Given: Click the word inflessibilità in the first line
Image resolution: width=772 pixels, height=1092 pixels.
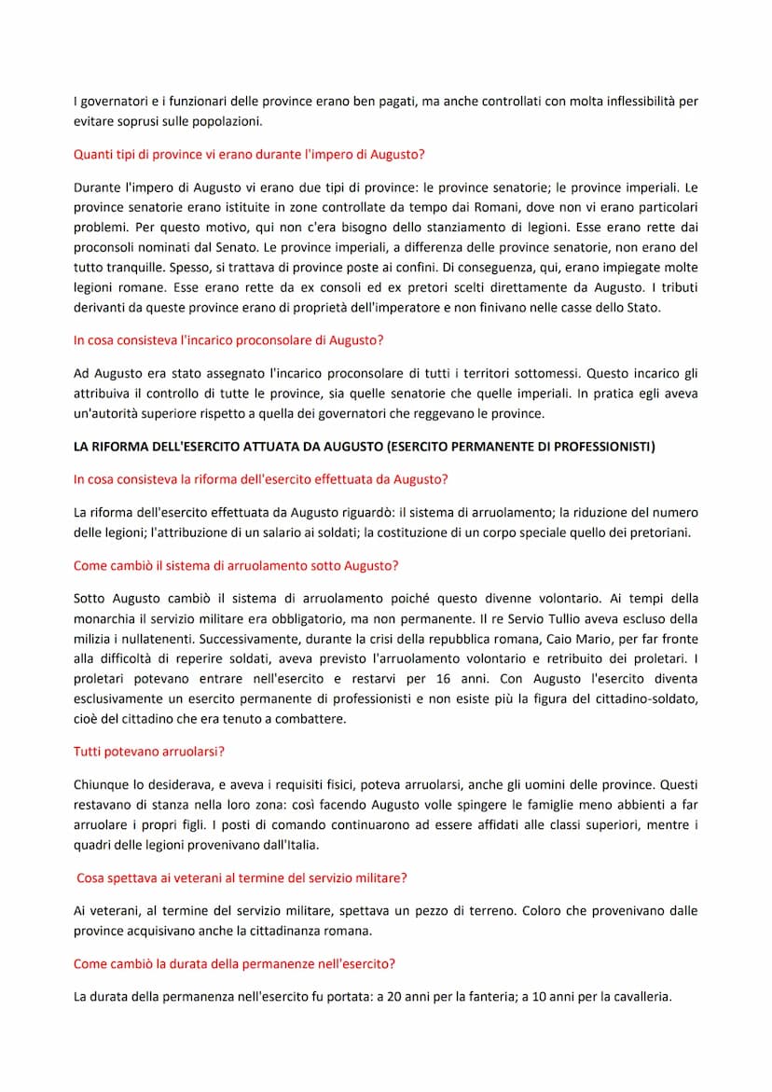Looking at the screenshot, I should [x=637, y=101].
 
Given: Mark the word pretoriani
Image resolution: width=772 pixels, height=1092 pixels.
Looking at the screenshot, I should [x=656, y=532].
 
